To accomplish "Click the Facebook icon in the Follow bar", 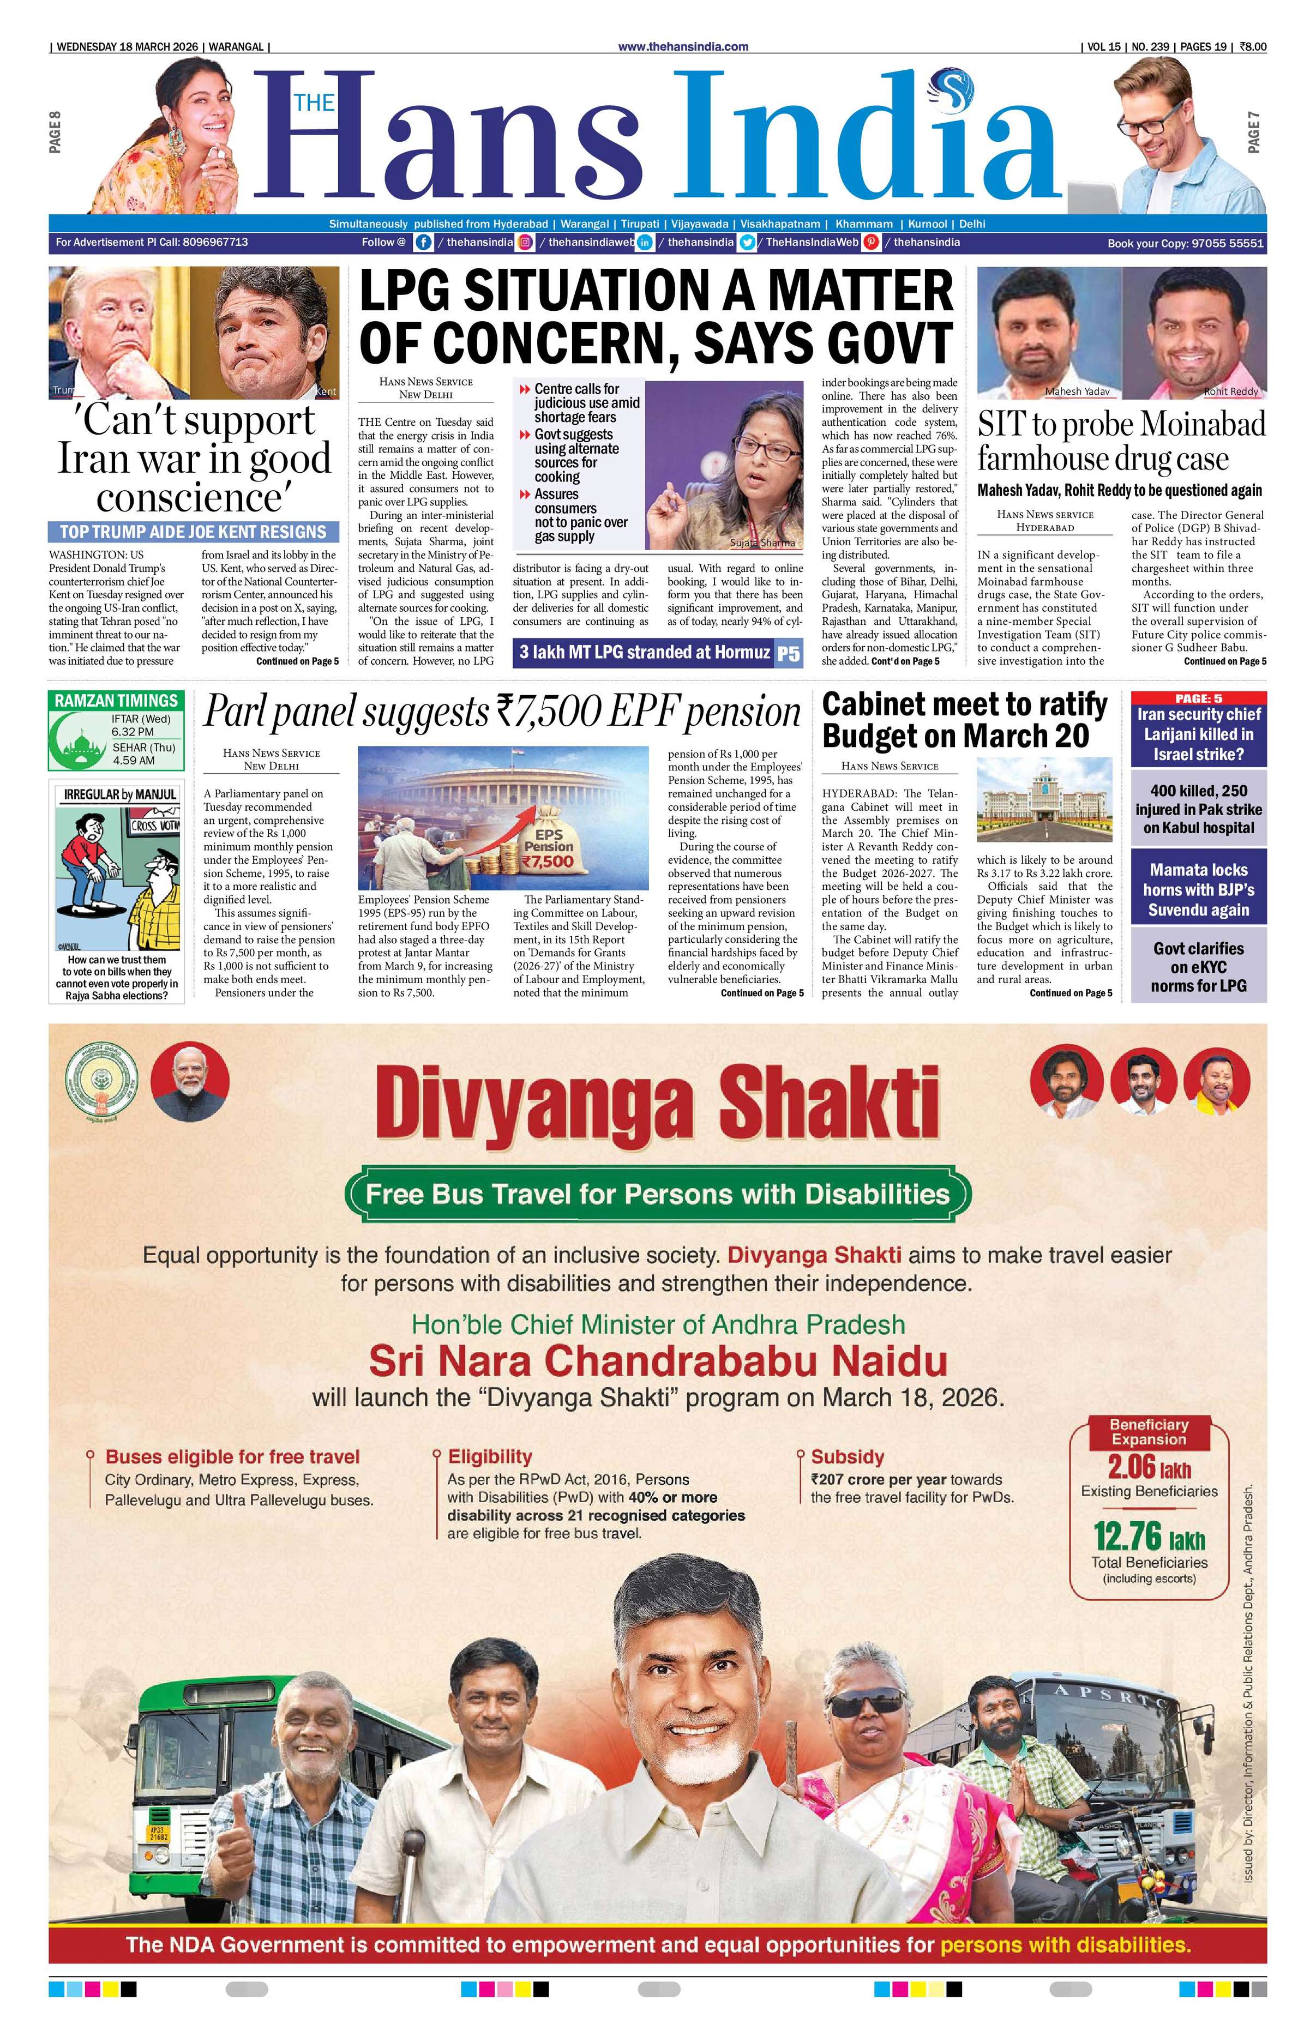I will click(x=423, y=242).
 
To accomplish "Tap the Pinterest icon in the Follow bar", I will click(x=871, y=242).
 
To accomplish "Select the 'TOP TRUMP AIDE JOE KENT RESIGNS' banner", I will click(x=193, y=532).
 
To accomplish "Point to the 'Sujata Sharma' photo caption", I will click(x=762, y=543).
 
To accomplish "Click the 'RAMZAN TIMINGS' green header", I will click(x=116, y=700).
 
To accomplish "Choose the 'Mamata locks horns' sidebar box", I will click(x=1198, y=890).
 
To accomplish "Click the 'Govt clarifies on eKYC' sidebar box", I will click(x=1198, y=967).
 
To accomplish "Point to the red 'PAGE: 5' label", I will click(x=1198, y=698).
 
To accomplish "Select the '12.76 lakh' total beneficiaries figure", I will click(x=1148, y=1537).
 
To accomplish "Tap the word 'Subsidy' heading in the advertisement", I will click(x=847, y=1457).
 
